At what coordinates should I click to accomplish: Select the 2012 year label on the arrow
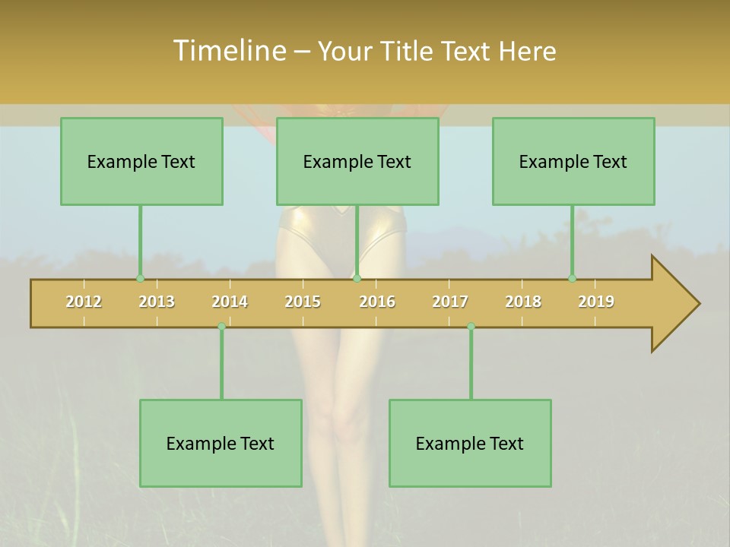(x=84, y=302)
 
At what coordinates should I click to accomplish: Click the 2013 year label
(x=157, y=302)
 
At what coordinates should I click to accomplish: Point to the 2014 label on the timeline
(x=230, y=302)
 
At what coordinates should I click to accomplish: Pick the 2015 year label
(x=303, y=302)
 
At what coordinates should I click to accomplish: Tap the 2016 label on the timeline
(x=377, y=302)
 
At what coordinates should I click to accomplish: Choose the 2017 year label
(x=450, y=302)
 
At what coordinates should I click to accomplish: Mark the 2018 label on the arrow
(x=523, y=302)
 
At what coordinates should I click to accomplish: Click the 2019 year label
(x=596, y=302)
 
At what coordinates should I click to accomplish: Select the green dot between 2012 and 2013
(x=140, y=279)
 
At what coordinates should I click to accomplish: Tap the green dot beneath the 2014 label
(x=221, y=326)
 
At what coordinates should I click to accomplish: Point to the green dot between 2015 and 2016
(x=357, y=279)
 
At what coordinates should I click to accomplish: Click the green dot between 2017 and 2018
(x=471, y=326)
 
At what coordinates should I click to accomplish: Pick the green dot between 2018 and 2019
(x=572, y=279)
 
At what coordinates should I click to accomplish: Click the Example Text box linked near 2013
(x=141, y=162)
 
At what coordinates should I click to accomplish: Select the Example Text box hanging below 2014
(x=221, y=443)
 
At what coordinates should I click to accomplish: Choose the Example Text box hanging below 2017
(x=470, y=443)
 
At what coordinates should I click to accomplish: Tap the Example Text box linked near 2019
(x=573, y=162)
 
